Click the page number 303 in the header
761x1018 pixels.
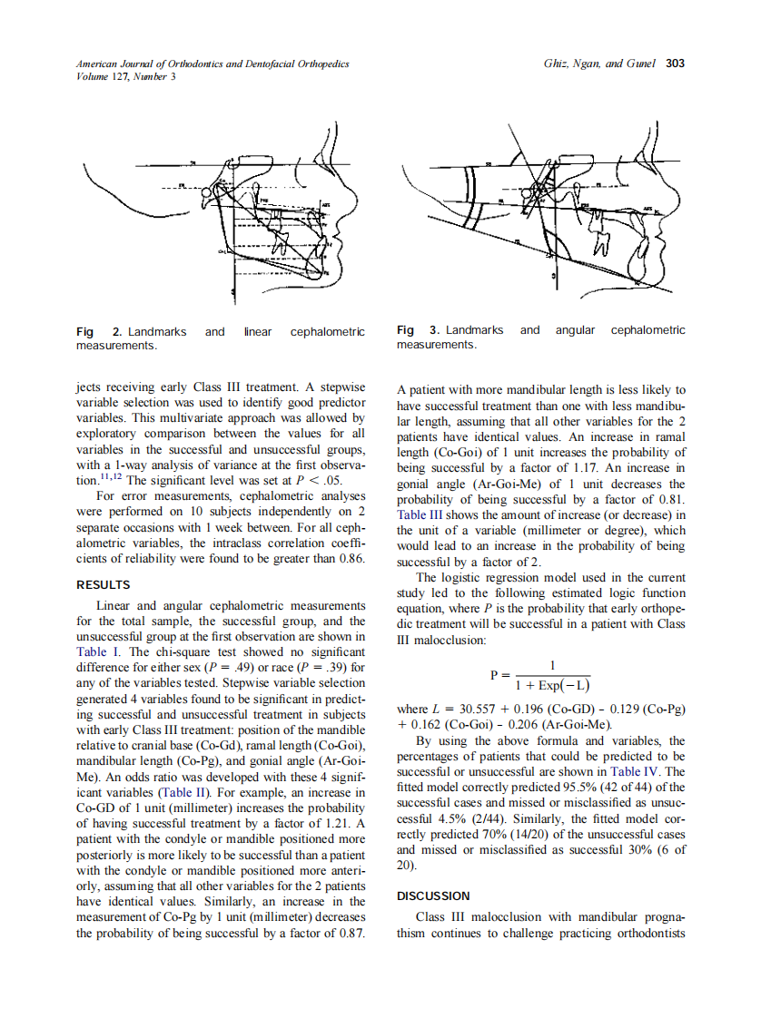click(675, 64)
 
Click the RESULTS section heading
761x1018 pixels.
click(104, 584)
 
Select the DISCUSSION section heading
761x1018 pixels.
click(434, 896)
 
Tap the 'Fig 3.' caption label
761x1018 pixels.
click(419, 330)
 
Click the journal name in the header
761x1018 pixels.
click(212, 64)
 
